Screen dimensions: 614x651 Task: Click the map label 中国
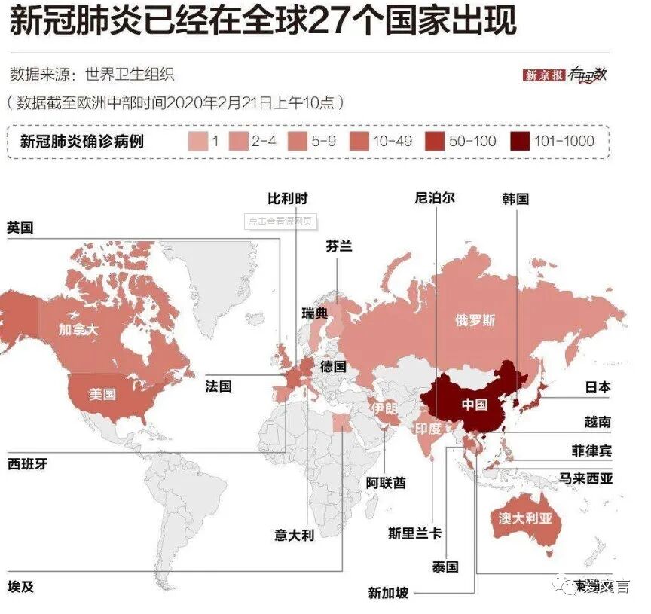(475, 404)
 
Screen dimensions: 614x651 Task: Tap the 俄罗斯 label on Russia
(475, 319)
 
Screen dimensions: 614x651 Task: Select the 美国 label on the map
(102, 394)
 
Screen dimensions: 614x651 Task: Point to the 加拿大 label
(78, 330)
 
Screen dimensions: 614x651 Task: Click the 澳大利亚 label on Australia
(526, 518)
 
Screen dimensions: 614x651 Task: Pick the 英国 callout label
(20, 228)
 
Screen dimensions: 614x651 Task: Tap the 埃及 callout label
(20, 586)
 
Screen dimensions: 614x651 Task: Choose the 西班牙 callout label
(27, 464)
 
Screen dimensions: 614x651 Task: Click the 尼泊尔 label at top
(435, 199)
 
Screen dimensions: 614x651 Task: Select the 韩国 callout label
(515, 199)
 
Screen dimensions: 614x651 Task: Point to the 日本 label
(598, 387)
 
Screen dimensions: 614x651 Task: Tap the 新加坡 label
(388, 593)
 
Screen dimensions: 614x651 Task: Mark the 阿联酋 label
(386, 482)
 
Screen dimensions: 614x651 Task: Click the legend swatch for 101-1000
(519, 140)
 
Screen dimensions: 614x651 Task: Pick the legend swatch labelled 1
(197, 140)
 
